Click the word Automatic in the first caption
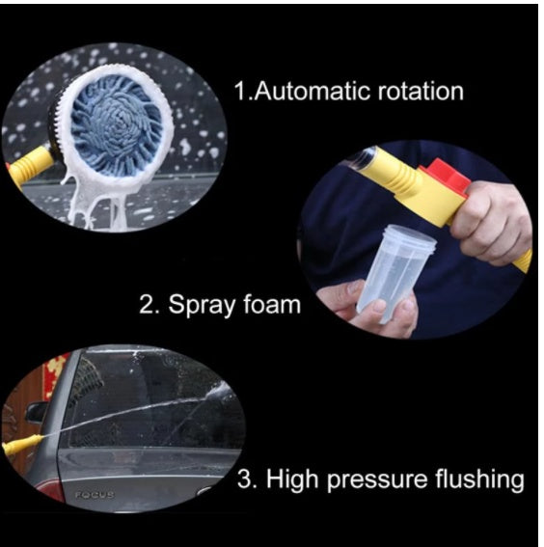[x=308, y=93]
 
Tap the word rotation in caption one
[x=414, y=93]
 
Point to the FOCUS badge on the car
[x=95, y=494]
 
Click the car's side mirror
[x=38, y=412]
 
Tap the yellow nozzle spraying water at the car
[x=21, y=446]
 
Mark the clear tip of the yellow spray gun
[x=358, y=157]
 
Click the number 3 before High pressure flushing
[x=246, y=479]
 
